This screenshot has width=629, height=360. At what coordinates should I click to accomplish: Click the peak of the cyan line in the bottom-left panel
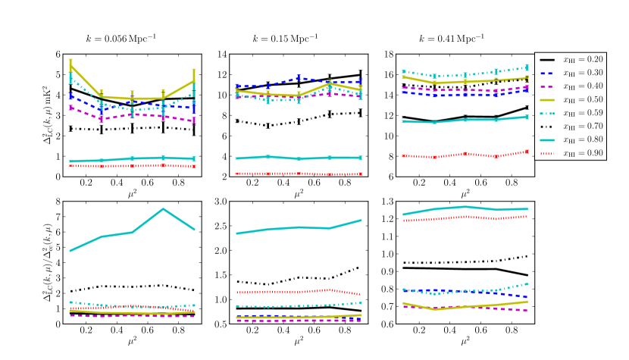pyautogui.click(x=163, y=208)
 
